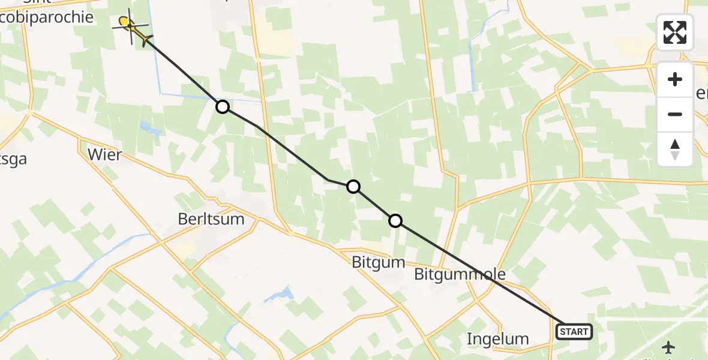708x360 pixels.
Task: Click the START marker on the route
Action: point(574,331)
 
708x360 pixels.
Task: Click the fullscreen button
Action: point(675,32)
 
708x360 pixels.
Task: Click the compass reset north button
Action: point(675,149)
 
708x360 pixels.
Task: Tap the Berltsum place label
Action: point(211,219)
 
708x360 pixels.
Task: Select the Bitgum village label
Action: point(379,262)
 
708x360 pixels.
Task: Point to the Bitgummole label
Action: point(460,274)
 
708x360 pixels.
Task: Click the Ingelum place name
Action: point(497,339)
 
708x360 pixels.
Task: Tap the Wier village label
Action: point(104,155)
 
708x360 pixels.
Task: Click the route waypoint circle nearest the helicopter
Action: point(223,107)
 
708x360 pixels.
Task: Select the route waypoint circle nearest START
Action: point(395,221)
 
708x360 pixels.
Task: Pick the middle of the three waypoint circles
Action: point(353,187)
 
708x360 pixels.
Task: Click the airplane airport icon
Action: point(670,347)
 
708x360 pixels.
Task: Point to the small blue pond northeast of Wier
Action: point(146,127)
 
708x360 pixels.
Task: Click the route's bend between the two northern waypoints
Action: point(328,179)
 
